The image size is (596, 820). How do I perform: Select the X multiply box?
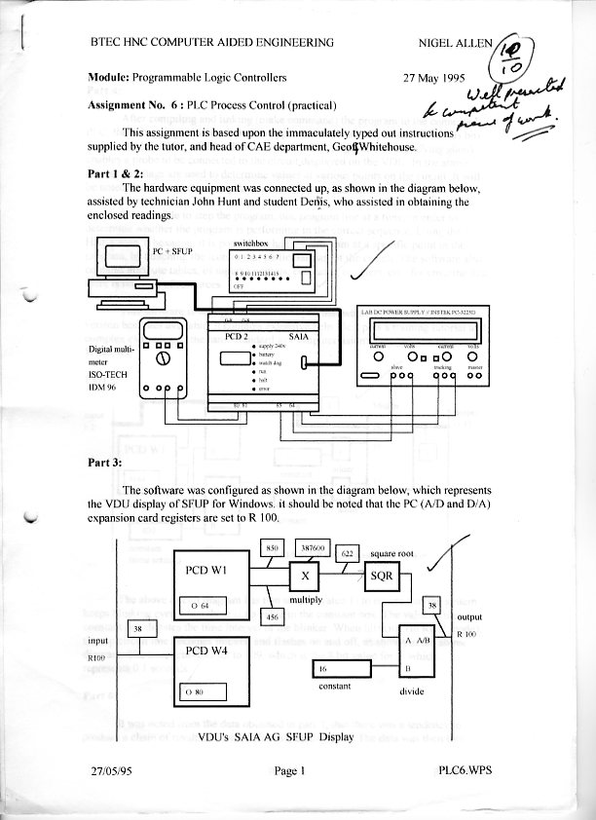click(307, 577)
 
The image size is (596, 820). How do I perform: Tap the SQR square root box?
click(382, 576)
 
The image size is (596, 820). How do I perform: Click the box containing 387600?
click(311, 548)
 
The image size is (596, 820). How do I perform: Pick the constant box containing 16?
click(342, 670)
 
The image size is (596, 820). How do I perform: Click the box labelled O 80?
click(205, 692)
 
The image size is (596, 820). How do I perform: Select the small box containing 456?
click(273, 616)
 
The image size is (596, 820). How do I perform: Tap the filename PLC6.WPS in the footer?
click(466, 770)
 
